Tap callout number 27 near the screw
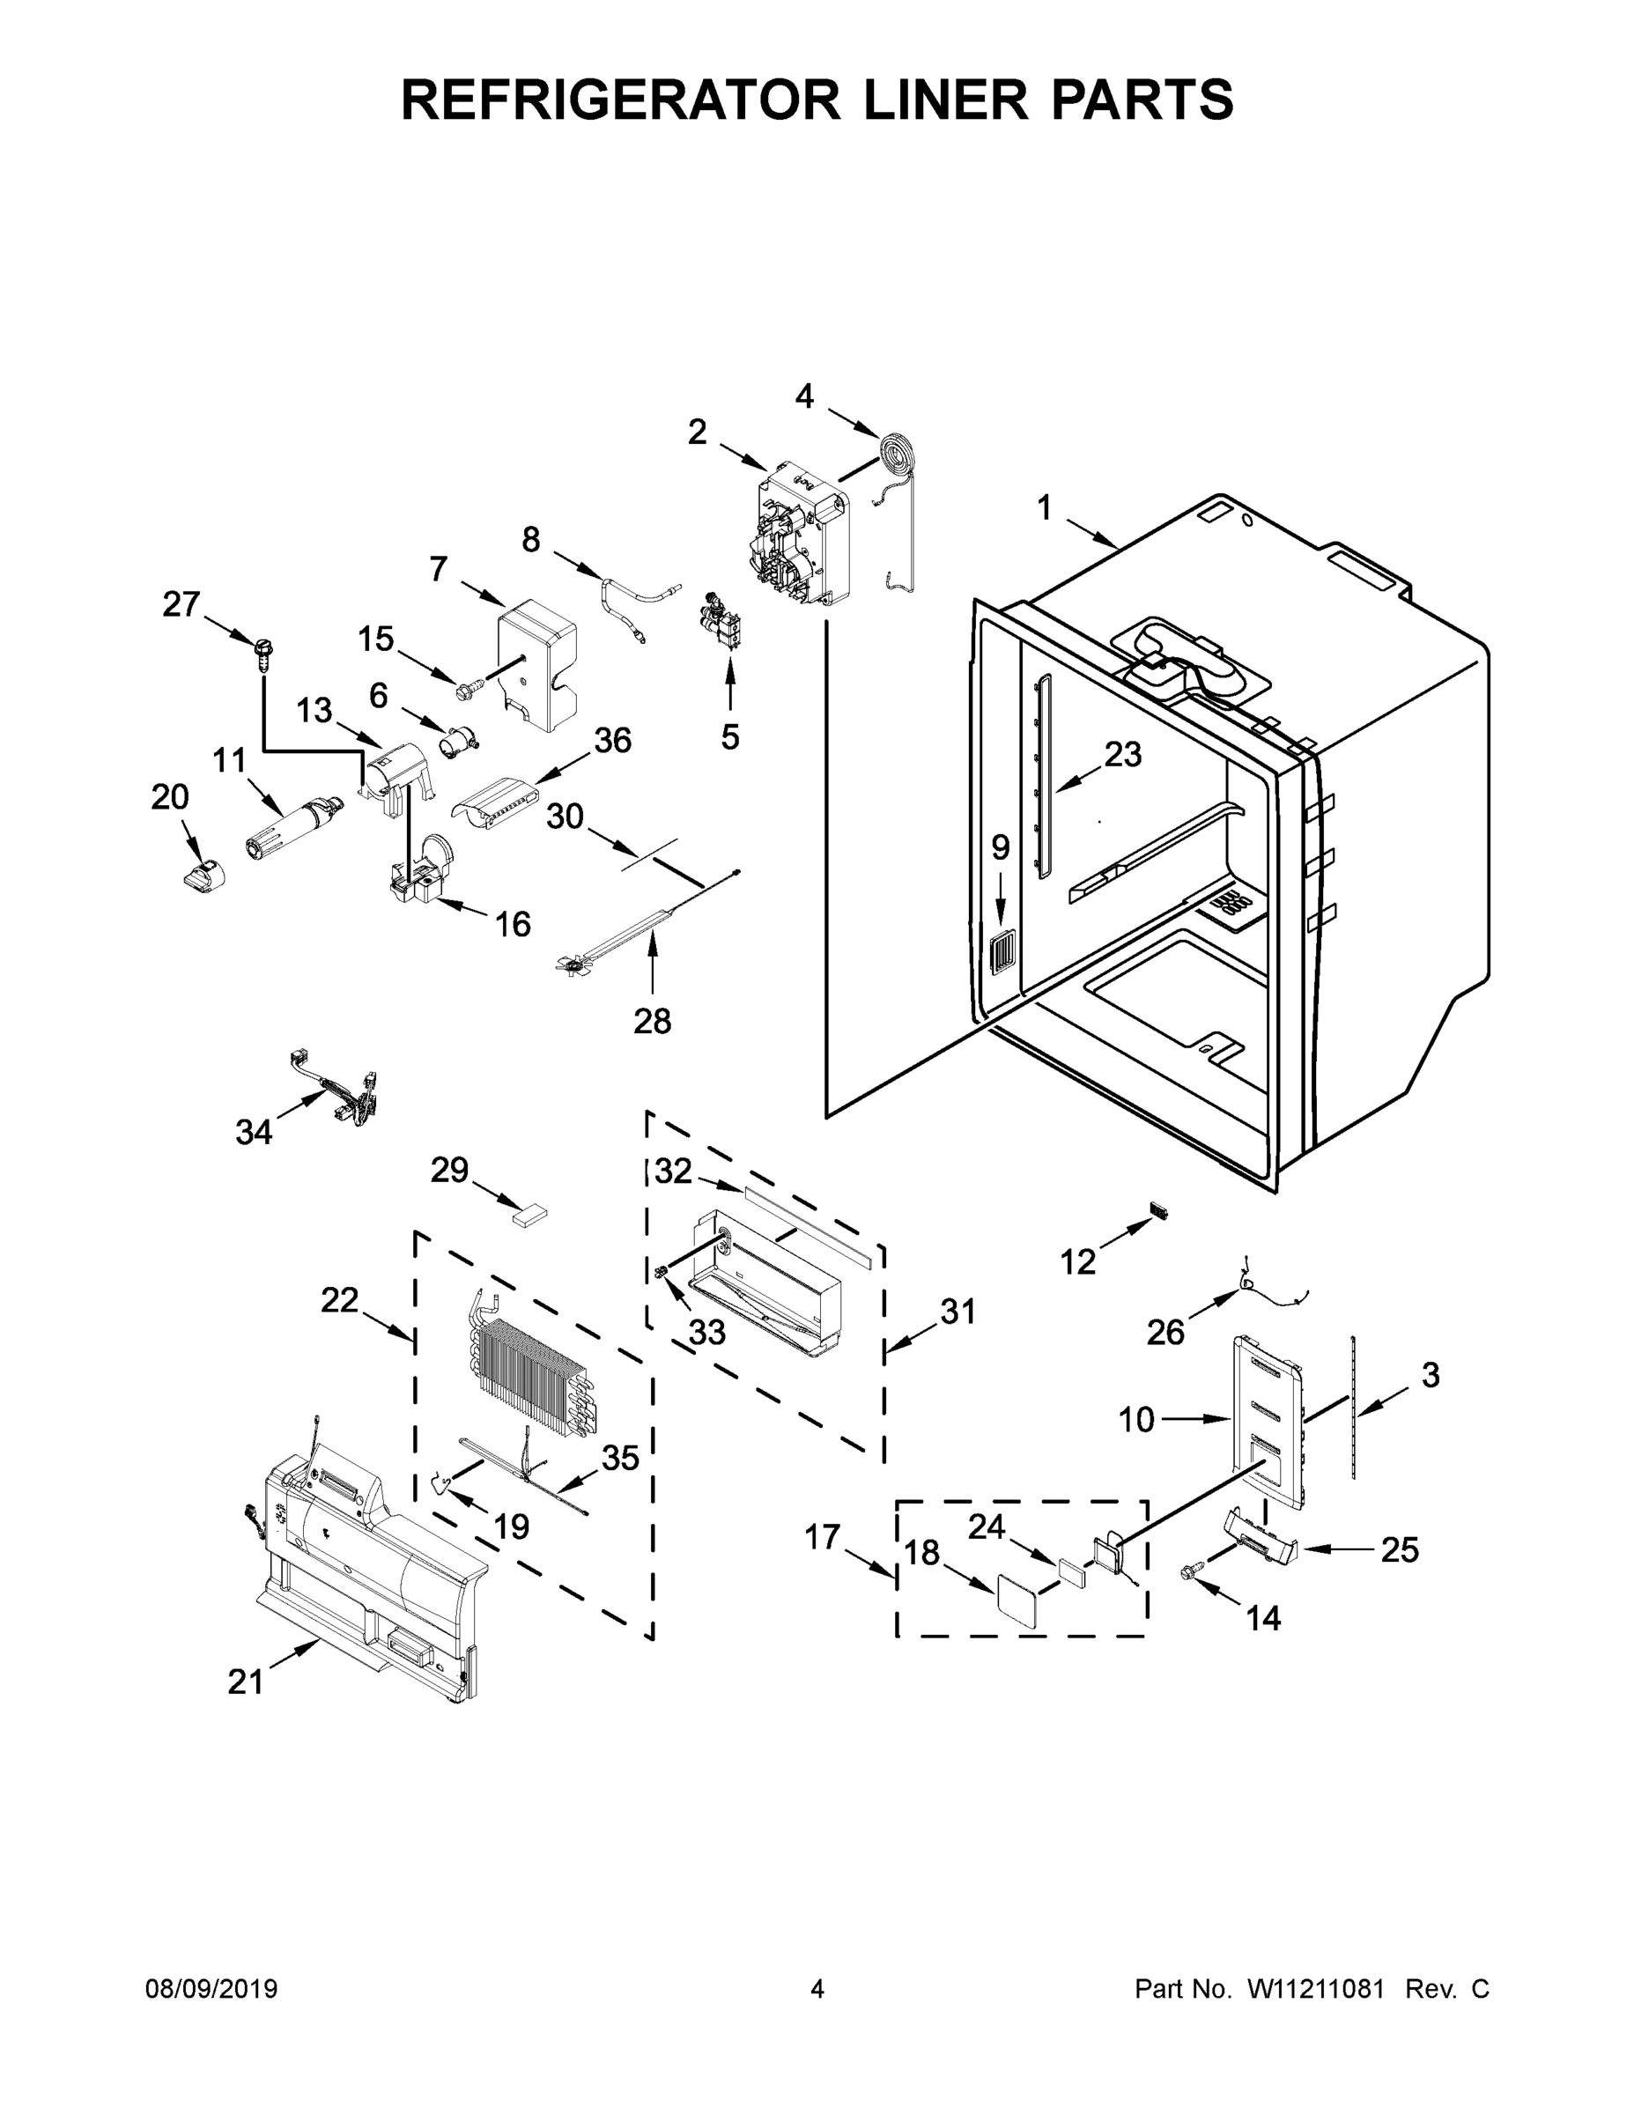tap(181, 605)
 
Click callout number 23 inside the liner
tap(1123, 754)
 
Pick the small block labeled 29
tap(529, 1215)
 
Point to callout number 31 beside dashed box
tap(957, 1312)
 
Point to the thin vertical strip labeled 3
tap(1353, 1408)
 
